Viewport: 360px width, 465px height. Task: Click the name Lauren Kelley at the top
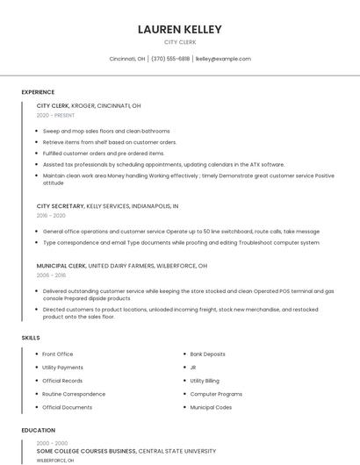[x=180, y=30]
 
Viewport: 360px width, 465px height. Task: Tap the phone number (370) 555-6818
[x=170, y=59]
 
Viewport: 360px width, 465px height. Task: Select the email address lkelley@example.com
[x=223, y=59]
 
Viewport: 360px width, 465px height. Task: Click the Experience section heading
[x=38, y=92]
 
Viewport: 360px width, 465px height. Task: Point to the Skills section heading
[x=31, y=338]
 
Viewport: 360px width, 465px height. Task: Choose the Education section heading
[x=39, y=431]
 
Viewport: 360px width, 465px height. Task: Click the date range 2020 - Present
[x=56, y=115]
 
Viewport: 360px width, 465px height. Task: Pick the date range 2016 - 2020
[x=51, y=216]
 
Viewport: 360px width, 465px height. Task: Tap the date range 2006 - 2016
[x=51, y=275]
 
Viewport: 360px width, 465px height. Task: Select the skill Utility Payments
[x=62, y=368]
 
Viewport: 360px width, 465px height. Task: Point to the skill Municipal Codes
[x=211, y=407]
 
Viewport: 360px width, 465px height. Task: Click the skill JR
[x=193, y=368]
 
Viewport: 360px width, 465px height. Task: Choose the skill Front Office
[x=58, y=354]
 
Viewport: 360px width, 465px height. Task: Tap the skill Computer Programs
[x=216, y=394]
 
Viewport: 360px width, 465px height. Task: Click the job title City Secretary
[x=60, y=206]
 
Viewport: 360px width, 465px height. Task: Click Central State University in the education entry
[x=189, y=451]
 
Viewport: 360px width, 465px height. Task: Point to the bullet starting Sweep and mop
[x=105, y=131]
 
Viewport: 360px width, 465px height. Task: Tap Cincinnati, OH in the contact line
[x=127, y=59]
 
